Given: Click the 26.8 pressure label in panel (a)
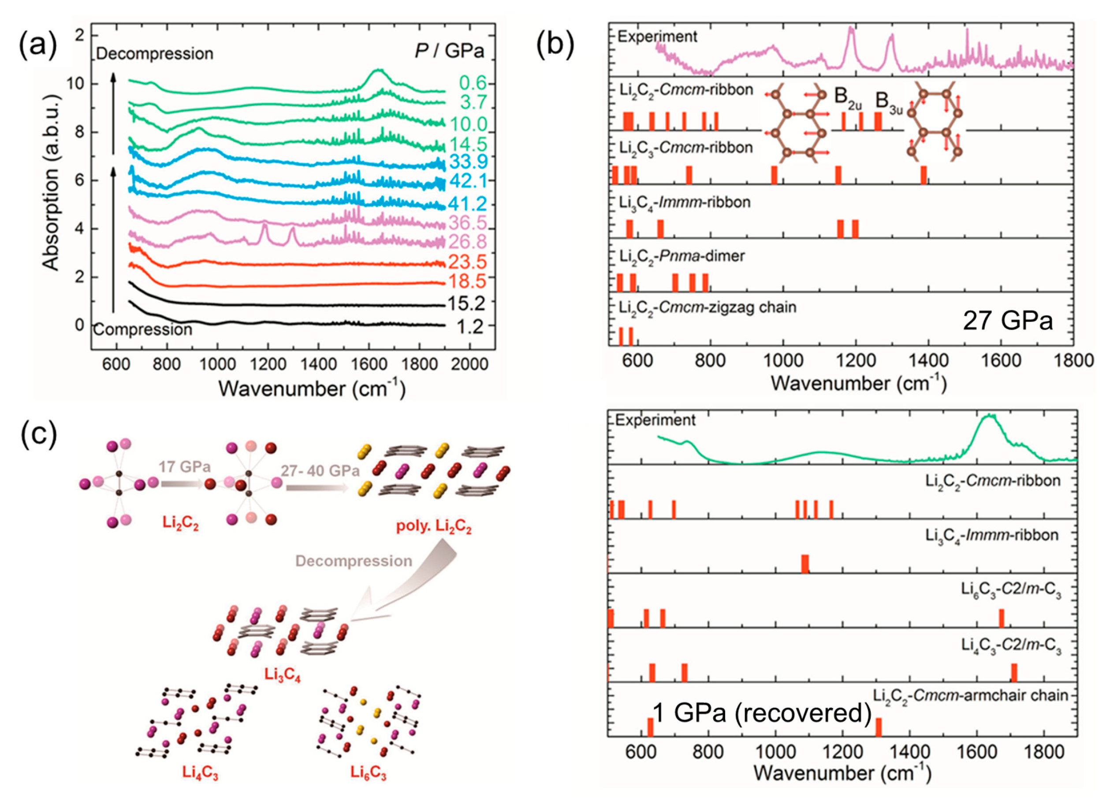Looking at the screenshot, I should (x=468, y=242).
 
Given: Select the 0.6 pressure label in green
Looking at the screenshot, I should (x=473, y=83).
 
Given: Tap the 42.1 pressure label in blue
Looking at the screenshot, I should (x=468, y=181).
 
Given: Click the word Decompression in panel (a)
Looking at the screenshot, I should (x=155, y=54).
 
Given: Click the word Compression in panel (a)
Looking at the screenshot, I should (x=143, y=330).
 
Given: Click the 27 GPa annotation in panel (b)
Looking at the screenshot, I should (x=1008, y=321).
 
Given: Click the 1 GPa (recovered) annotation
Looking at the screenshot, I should (x=761, y=713).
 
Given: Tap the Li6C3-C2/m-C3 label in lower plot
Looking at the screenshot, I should (x=1011, y=589).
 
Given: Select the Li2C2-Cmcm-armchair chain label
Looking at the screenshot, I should (x=970, y=695).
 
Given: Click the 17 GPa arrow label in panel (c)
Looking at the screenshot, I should (x=184, y=468).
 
